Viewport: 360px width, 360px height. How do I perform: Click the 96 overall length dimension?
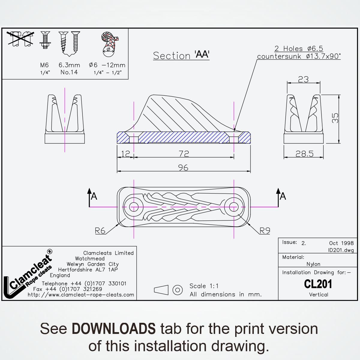coord(183,168)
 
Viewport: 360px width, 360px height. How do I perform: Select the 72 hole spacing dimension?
coord(184,154)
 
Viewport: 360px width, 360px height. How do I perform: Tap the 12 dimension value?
coord(125,154)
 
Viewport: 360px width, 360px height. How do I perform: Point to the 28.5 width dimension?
coord(304,154)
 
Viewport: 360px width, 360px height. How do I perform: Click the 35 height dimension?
coord(335,118)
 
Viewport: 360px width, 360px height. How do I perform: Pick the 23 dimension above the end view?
coord(303,79)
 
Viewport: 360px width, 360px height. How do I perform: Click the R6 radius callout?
coord(100,231)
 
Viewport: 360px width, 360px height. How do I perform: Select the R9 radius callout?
coord(265,231)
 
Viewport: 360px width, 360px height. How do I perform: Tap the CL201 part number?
coord(318,284)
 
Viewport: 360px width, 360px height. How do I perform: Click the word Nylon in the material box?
coord(313,264)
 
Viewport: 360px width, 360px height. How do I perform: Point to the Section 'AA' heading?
coord(181,55)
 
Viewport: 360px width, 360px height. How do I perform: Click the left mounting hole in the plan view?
coord(134,207)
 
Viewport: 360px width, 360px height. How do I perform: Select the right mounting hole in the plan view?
coord(234,207)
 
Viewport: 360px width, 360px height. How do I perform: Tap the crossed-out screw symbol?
coord(20,38)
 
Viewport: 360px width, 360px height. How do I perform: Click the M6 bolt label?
coord(44,65)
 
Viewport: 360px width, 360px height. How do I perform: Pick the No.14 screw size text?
coord(69,72)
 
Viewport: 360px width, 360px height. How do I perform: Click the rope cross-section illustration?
coord(109,44)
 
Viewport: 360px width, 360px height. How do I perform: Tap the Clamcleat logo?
coord(28,274)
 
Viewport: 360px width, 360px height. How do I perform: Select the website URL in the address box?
coord(81,295)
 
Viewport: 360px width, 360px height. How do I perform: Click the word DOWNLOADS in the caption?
coord(114,328)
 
